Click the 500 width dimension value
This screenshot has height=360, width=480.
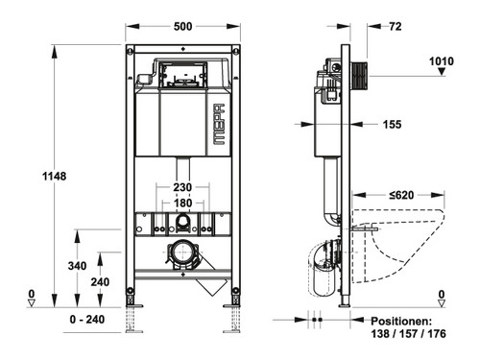[182, 26]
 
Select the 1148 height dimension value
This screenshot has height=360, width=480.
[55, 176]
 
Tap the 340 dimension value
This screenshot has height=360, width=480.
[77, 266]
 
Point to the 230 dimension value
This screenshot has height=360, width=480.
[182, 187]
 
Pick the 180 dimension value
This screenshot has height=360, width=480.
[182, 203]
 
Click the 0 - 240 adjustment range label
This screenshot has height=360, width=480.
[87, 319]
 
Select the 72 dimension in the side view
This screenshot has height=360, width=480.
[396, 26]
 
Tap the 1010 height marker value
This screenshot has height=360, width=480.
[442, 61]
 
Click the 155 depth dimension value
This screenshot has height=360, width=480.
[392, 124]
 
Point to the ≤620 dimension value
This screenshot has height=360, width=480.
[401, 195]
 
